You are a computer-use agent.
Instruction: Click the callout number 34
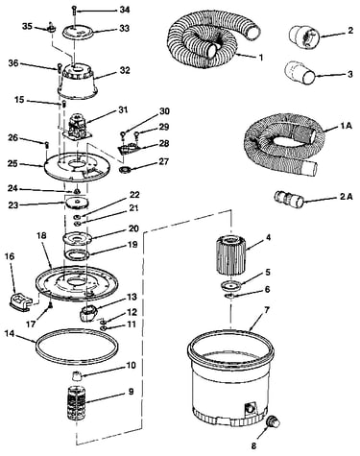click(x=125, y=10)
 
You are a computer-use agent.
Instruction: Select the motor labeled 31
click(x=78, y=127)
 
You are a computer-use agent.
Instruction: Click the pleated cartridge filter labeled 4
click(x=231, y=254)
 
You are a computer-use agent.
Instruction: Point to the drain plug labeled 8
click(x=274, y=422)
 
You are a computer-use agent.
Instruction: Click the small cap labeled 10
click(x=77, y=375)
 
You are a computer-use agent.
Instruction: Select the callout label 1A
click(x=345, y=126)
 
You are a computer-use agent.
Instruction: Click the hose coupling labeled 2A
click(x=289, y=199)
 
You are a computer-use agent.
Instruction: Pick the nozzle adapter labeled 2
click(x=304, y=35)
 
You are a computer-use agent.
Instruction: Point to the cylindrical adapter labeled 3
click(x=300, y=73)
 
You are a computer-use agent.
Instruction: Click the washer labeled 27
click(x=125, y=169)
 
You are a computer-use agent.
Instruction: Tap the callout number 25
click(x=13, y=164)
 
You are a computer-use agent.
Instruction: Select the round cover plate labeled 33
click(x=77, y=33)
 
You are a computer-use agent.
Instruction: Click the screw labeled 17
click(x=50, y=306)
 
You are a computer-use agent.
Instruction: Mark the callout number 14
click(x=10, y=333)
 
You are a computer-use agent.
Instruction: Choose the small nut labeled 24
click(x=77, y=191)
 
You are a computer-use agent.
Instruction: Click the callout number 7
click(x=267, y=310)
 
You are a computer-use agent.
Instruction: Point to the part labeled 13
click(x=88, y=313)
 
